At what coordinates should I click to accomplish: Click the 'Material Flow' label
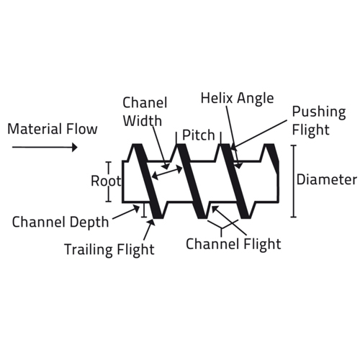click(53, 129)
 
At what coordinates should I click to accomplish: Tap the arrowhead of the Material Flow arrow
click(75, 147)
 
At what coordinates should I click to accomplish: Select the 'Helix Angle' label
click(237, 99)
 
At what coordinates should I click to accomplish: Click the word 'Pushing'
click(319, 112)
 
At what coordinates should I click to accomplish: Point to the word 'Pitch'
click(199, 135)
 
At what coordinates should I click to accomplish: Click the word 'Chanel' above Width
click(145, 102)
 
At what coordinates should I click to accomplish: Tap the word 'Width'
click(143, 120)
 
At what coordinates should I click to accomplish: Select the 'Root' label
click(106, 181)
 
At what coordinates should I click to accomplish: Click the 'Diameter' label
click(327, 179)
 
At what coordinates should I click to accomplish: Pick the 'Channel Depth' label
click(60, 222)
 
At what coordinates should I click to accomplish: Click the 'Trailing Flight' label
click(109, 250)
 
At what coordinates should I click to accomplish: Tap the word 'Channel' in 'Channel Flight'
click(212, 244)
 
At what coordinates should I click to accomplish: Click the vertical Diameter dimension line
click(293, 181)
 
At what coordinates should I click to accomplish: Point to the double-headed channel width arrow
click(167, 173)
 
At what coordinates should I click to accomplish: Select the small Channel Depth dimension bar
click(144, 210)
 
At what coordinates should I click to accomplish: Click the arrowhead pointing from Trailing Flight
click(151, 222)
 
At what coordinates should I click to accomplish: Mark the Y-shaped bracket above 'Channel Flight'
click(222, 226)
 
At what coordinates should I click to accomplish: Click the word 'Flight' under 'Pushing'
click(310, 130)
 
